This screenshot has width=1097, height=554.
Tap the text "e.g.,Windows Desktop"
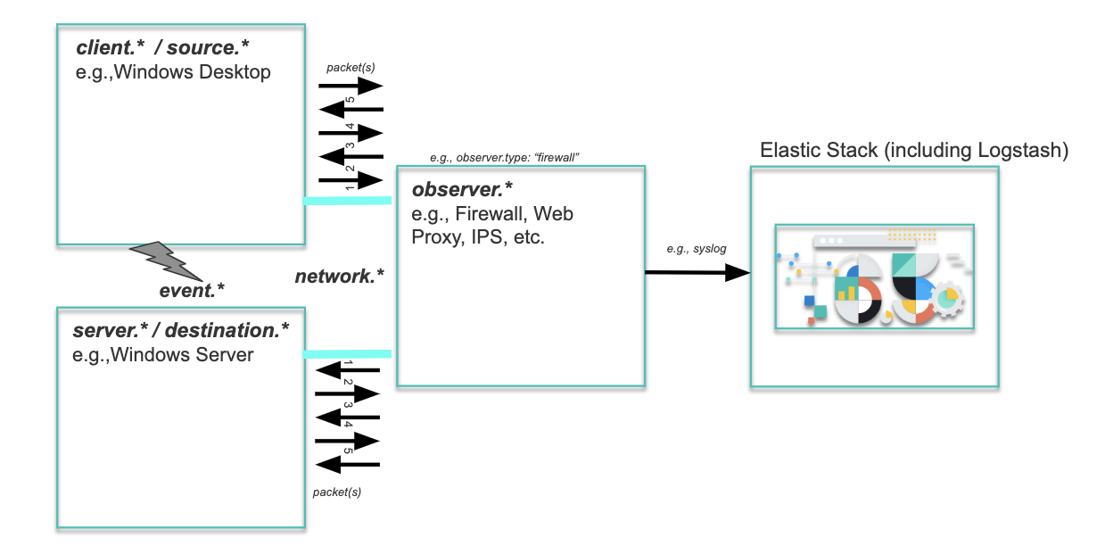click(x=173, y=72)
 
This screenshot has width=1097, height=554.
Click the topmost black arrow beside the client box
click(x=351, y=87)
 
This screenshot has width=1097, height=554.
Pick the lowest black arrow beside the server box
click(x=348, y=464)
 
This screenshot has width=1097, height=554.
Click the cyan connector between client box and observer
click(x=347, y=201)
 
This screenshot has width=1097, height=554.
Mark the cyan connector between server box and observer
click(x=347, y=354)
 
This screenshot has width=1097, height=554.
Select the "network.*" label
click(x=339, y=277)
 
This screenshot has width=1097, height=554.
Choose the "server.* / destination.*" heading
click(x=181, y=331)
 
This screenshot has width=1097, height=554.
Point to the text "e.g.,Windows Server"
click(x=164, y=355)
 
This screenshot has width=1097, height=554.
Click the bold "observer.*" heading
click(x=462, y=191)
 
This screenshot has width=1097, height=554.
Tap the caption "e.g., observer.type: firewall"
click(x=505, y=157)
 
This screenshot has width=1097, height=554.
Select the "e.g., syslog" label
click(x=697, y=248)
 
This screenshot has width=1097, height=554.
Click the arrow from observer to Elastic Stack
click(x=697, y=273)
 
